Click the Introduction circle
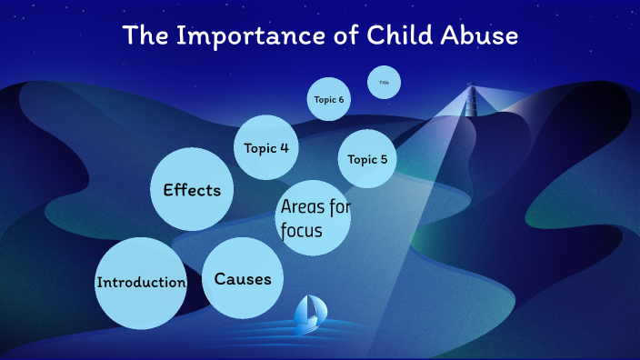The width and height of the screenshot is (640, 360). [141, 283]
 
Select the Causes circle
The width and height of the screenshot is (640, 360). [243, 279]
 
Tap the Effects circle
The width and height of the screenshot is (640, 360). [191, 190]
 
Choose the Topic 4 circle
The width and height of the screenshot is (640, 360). [266, 147]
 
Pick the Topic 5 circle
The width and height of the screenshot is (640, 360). [367, 159]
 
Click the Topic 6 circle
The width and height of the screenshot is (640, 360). [329, 99]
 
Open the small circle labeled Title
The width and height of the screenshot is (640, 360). [384, 83]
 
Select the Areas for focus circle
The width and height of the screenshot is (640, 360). [313, 218]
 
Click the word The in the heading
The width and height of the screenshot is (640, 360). [144, 36]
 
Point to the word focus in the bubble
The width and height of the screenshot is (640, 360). [302, 232]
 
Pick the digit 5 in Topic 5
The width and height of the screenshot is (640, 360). [384, 159]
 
